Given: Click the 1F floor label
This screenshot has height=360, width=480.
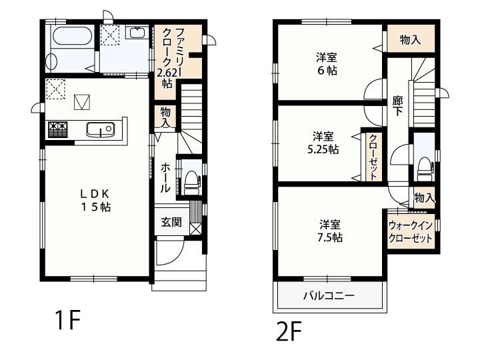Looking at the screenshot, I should click(x=67, y=323).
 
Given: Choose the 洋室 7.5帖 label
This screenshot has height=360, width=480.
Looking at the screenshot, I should click(x=331, y=230).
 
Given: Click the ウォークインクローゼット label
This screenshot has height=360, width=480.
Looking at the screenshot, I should click(x=410, y=231).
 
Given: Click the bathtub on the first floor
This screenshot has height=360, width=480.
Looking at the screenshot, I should click(x=72, y=38).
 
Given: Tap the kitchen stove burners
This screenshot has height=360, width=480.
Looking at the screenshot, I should click(x=57, y=129).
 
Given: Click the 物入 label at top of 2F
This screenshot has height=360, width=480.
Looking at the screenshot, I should click(x=410, y=39).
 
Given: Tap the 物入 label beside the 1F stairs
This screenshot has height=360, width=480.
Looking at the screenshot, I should click(x=165, y=117).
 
